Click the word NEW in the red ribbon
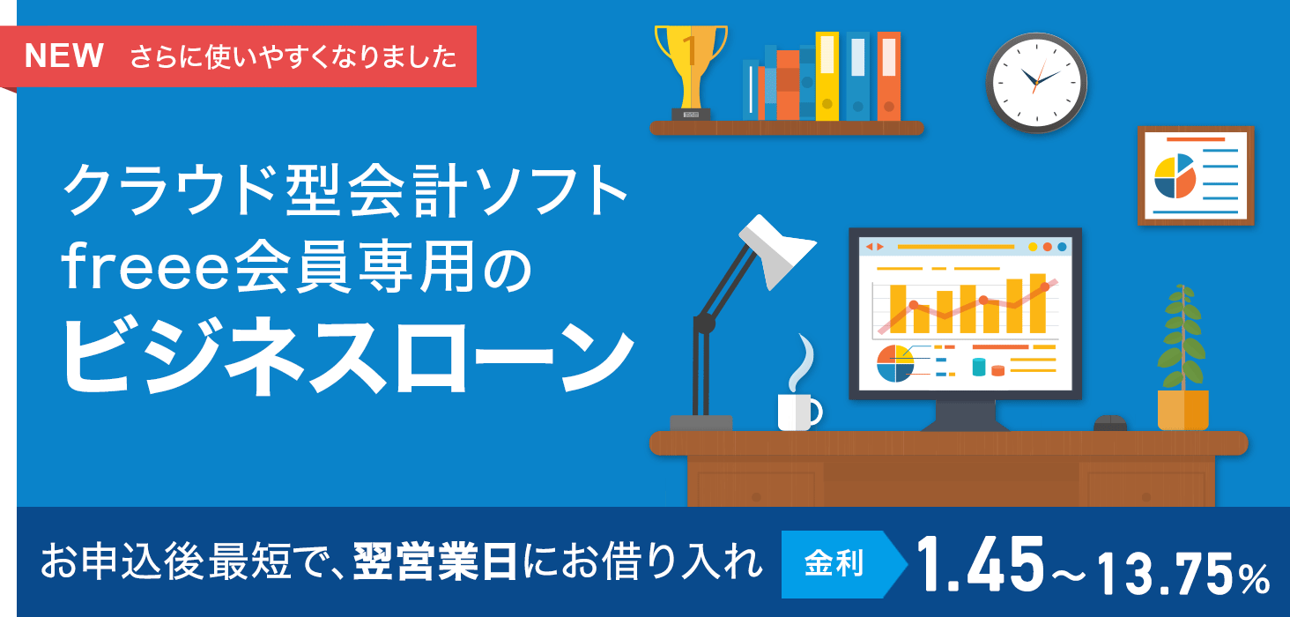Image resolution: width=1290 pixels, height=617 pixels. [x=64, y=56]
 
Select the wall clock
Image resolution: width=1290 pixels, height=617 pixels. [x=1036, y=82]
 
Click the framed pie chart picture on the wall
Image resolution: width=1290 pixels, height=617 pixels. [x=1196, y=175]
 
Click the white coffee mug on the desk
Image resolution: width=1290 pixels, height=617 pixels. [x=799, y=412]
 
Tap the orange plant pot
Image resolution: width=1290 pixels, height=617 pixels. [x=1182, y=410]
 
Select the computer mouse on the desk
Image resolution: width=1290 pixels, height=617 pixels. [x=1109, y=423]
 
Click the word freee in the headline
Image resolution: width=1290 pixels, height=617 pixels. [x=146, y=266]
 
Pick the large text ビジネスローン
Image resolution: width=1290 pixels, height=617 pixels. [x=348, y=355]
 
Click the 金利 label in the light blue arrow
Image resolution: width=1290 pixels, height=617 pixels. [x=834, y=563]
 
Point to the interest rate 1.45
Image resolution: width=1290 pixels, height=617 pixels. [x=980, y=564]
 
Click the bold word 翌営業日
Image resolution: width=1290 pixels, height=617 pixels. [x=435, y=562]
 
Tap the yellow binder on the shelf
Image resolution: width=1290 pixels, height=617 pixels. [x=827, y=76]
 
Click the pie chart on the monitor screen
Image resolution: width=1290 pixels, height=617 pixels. [x=895, y=363]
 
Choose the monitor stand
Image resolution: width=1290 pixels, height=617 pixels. [x=965, y=415]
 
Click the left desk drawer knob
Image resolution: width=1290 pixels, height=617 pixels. [x=756, y=497]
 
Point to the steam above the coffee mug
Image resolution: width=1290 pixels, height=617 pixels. [x=802, y=363]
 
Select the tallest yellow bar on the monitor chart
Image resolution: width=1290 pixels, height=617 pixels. [x=1038, y=303]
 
